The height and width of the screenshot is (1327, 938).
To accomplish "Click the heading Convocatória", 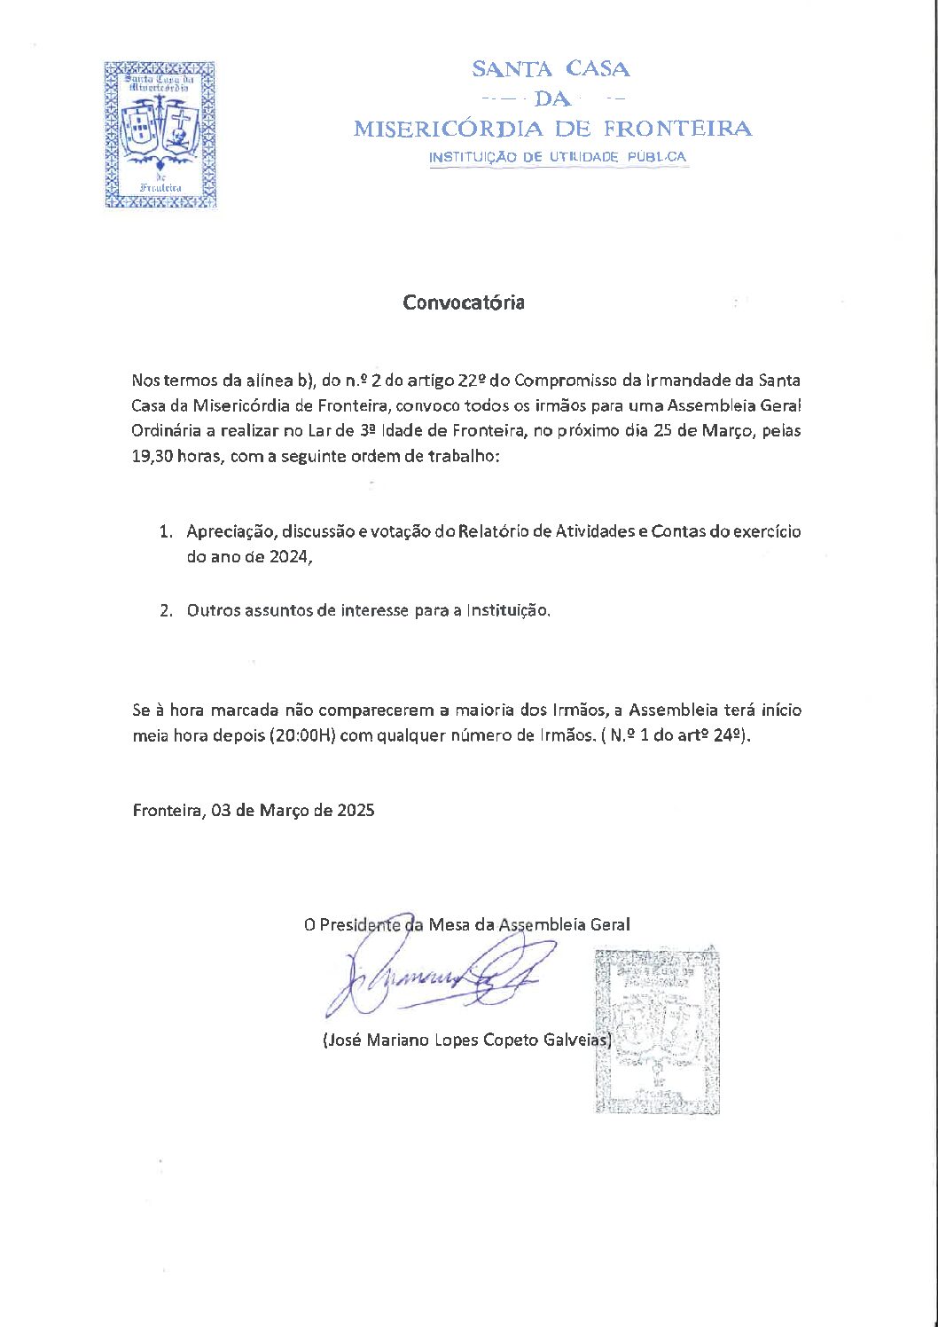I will [464, 302].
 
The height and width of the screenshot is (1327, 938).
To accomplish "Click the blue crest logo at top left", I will [160, 135].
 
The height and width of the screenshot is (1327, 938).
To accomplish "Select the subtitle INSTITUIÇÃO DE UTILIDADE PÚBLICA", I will [557, 157].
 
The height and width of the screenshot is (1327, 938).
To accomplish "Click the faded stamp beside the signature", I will [657, 1030].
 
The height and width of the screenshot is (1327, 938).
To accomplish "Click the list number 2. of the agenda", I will [166, 611].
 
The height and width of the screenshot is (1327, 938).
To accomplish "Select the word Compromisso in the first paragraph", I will [564, 381].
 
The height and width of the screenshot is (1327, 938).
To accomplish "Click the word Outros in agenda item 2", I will [212, 611].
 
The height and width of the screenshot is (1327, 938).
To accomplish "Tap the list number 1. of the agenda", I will [166, 532].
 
